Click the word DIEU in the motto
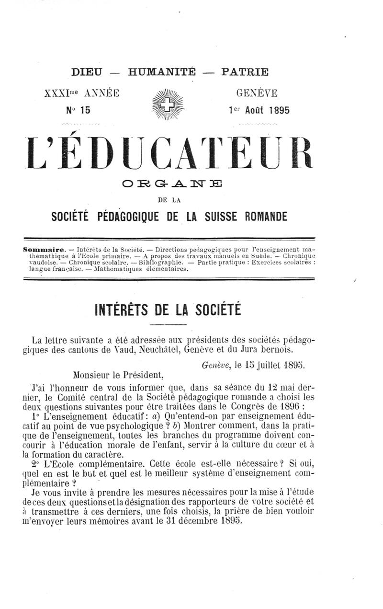(87, 72)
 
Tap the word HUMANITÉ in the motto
(162, 72)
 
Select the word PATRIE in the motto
(245, 72)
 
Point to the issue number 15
(85, 110)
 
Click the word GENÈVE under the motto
(256, 92)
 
